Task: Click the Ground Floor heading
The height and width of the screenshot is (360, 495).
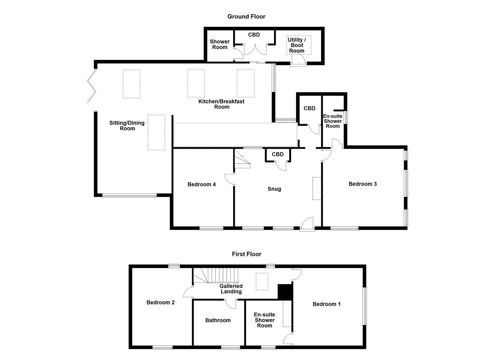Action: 246,16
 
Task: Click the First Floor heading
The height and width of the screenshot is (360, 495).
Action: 246,254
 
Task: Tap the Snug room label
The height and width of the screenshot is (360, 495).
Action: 274,189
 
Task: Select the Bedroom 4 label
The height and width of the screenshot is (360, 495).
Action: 201,184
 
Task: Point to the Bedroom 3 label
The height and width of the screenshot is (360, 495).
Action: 362,184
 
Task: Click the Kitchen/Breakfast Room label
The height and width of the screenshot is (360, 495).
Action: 221,104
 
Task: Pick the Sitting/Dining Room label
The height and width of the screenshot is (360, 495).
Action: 127,126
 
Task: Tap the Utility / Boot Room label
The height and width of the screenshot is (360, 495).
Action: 296,45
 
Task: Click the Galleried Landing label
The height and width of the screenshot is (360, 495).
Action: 231,289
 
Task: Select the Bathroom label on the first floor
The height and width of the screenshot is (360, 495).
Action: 218,320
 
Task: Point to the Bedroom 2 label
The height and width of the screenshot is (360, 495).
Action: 160,302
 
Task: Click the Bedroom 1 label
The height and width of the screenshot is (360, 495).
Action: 326,304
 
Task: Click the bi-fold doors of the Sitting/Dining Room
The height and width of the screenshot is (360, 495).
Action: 91,86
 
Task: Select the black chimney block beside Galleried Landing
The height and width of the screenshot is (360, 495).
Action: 284,292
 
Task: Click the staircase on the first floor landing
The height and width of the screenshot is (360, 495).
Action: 215,276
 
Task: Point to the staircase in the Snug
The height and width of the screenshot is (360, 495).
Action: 242,160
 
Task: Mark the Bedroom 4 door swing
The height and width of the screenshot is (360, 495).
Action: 229,179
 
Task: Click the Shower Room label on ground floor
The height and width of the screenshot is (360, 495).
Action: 219,44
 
